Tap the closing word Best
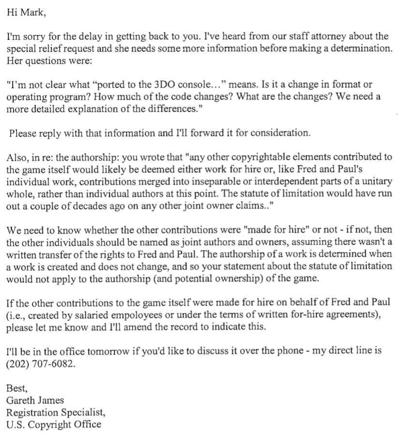pos(16,388)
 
